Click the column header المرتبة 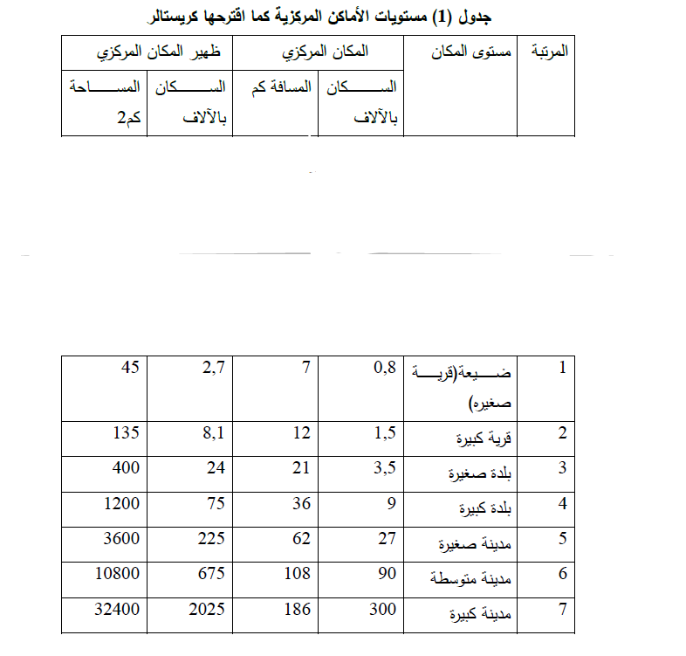(549, 52)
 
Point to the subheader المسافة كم (277, 87)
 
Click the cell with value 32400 (118, 609)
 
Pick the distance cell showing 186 (297, 609)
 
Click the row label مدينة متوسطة (470, 579)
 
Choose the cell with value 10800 (118, 574)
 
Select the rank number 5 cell (563, 538)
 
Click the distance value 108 (297, 574)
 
